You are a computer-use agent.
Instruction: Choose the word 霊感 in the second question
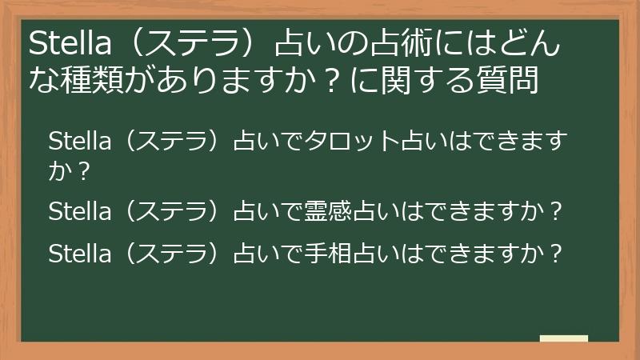(325, 213)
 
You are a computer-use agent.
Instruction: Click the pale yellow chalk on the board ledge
(563, 339)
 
